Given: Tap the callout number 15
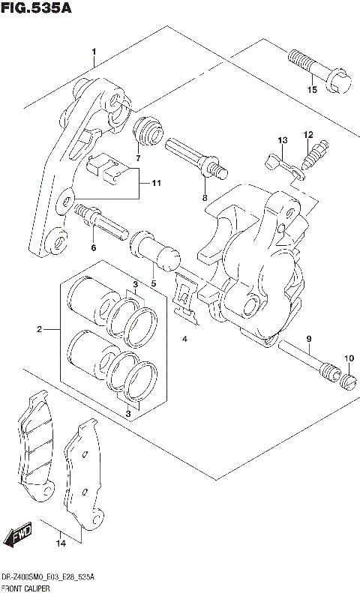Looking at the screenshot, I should pyautogui.click(x=312, y=90).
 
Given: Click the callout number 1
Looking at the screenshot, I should pyautogui.click(x=94, y=52).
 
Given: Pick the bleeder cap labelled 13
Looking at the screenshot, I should pyautogui.click(x=283, y=164).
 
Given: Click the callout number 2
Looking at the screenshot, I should pyautogui.click(x=40, y=329).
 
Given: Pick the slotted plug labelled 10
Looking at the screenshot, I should pyautogui.click(x=347, y=381).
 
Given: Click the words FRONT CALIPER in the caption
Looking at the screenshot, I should pyautogui.click(x=25, y=588).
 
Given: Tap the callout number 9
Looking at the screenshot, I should pyautogui.click(x=307, y=339).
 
